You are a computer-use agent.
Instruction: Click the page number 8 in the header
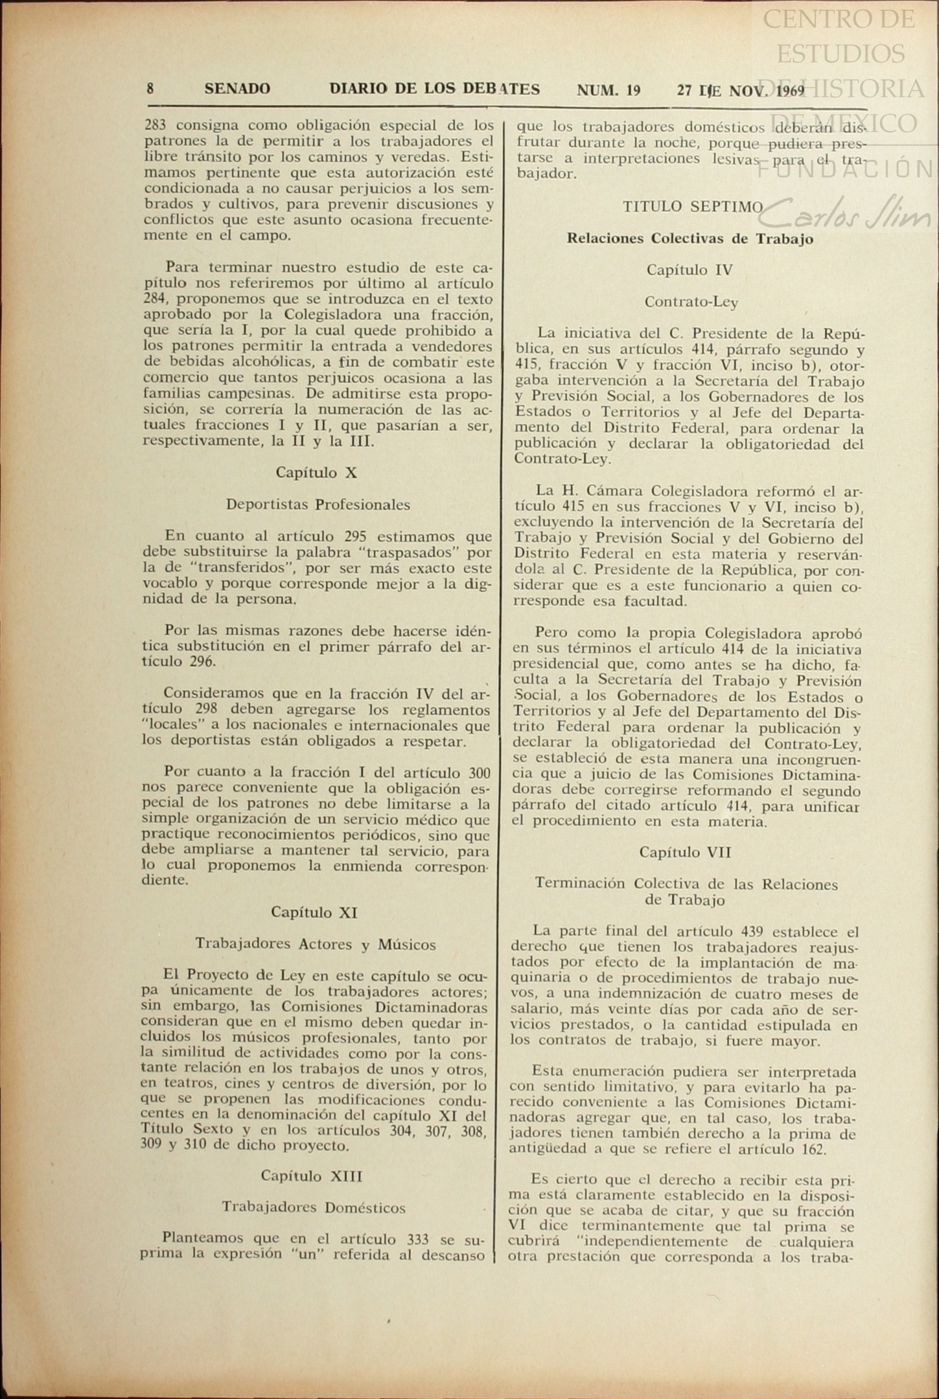coord(150,89)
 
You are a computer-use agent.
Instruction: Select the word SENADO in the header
coord(237,89)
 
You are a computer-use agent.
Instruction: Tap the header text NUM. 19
coord(609,90)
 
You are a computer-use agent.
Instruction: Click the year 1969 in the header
coord(789,91)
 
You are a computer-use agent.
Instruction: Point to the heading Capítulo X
coord(316,472)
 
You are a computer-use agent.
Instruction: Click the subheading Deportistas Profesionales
coord(318,504)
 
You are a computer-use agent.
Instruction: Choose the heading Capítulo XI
coord(314,912)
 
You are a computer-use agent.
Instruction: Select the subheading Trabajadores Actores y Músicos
coord(315,944)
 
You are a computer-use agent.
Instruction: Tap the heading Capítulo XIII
coord(312,1175)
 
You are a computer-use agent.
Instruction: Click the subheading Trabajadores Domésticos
coord(314,1207)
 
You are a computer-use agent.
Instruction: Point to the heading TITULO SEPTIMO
coord(693,207)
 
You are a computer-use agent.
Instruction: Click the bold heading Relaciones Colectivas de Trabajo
coord(690,238)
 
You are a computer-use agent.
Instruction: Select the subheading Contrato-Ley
coord(691,301)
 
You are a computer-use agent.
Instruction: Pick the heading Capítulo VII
coord(685,852)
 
